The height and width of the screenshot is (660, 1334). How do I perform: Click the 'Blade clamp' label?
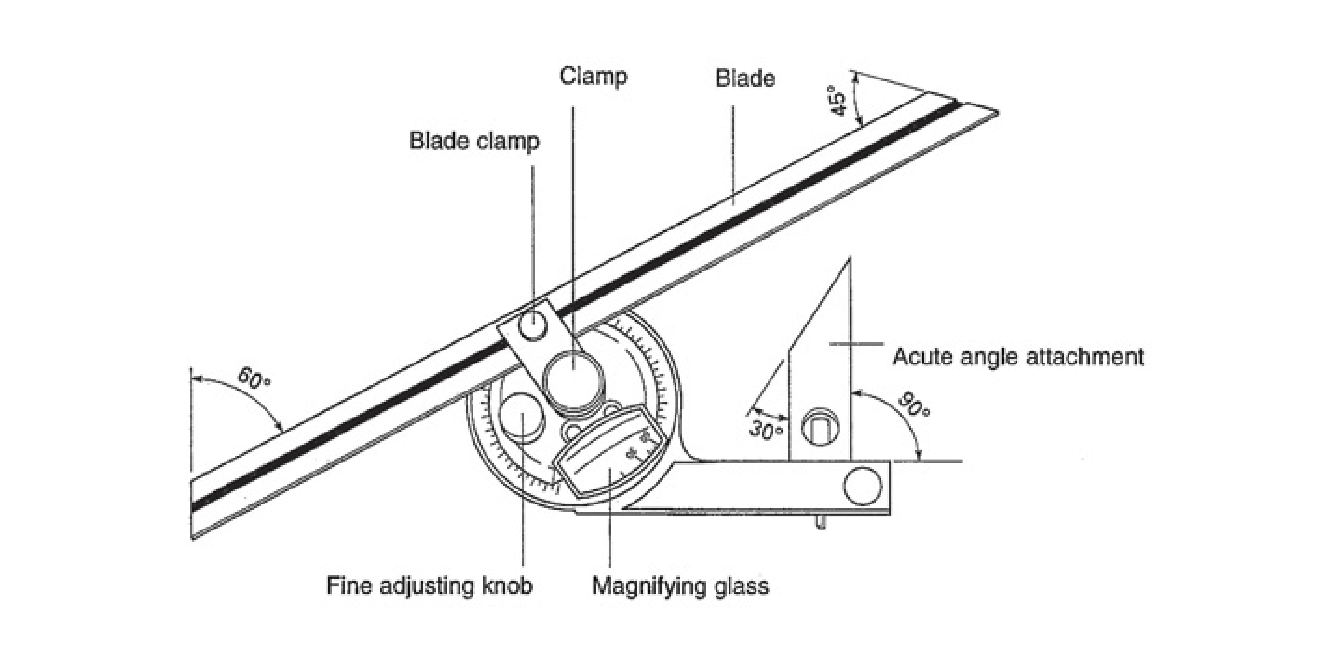pos(474,141)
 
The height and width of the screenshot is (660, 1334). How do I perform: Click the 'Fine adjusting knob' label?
pos(429,586)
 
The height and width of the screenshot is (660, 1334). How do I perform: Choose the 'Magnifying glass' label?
pos(680,586)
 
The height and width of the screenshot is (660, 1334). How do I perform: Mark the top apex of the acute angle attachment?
pos(849,258)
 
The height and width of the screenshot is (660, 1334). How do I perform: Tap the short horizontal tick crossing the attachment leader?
pos(856,343)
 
